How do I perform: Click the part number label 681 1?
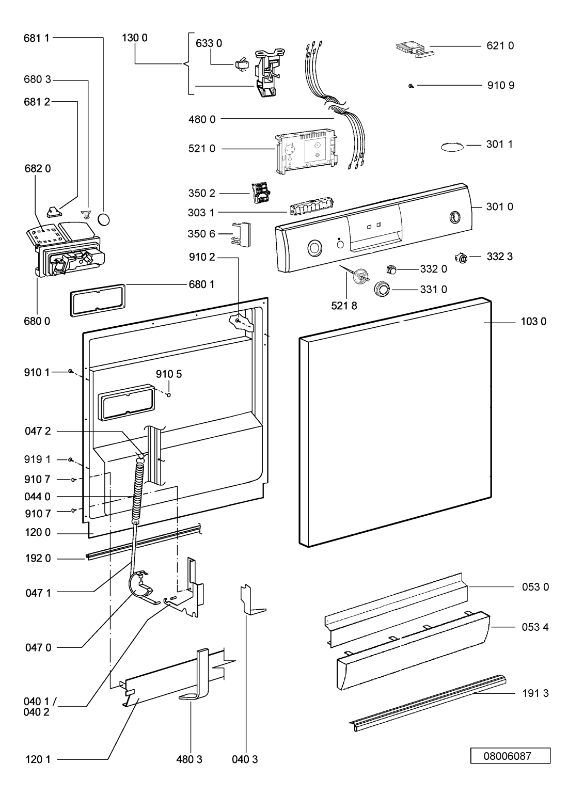(x=37, y=38)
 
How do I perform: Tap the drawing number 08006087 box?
(x=510, y=756)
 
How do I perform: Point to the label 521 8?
(x=344, y=306)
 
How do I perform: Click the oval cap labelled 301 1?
(x=452, y=147)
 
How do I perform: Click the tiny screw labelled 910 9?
(x=411, y=86)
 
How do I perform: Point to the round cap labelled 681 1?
(x=104, y=219)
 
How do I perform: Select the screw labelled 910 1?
(x=70, y=371)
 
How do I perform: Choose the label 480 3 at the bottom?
(x=189, y=759)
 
